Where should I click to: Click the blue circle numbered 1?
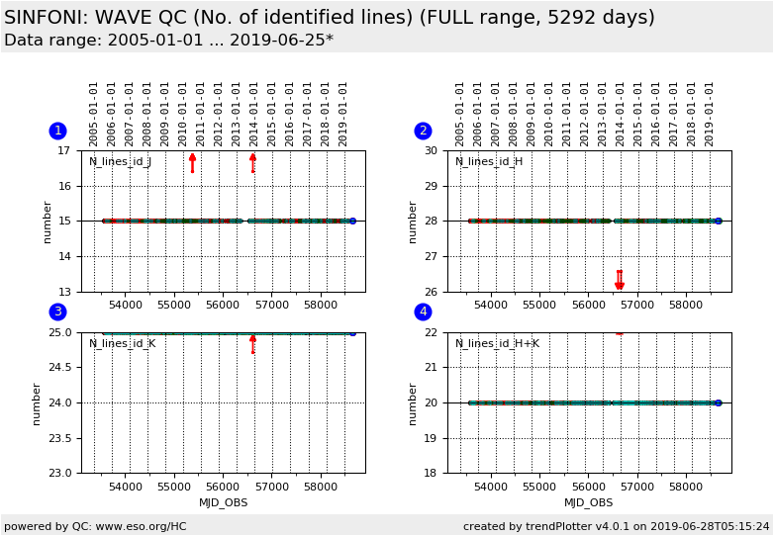(x=57, y=131)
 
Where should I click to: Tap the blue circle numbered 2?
(x=423, y=131)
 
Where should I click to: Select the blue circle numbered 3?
(x=57, y=312)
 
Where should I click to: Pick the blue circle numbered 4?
(x=423, y=312)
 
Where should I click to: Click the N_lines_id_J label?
(x=120, y=161)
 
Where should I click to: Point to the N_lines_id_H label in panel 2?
(x=488, y=161)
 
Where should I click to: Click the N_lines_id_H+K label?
(x=497, y=343)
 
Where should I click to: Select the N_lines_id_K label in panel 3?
(x=122, y=343)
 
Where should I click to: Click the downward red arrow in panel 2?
(x=620, y=281)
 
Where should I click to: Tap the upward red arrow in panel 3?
(x=252, y=343)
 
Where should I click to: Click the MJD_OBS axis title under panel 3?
(x=223, y=502)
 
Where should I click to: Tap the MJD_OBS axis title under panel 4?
(x=589, y=502)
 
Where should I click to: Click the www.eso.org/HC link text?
(x=139, y=526)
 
